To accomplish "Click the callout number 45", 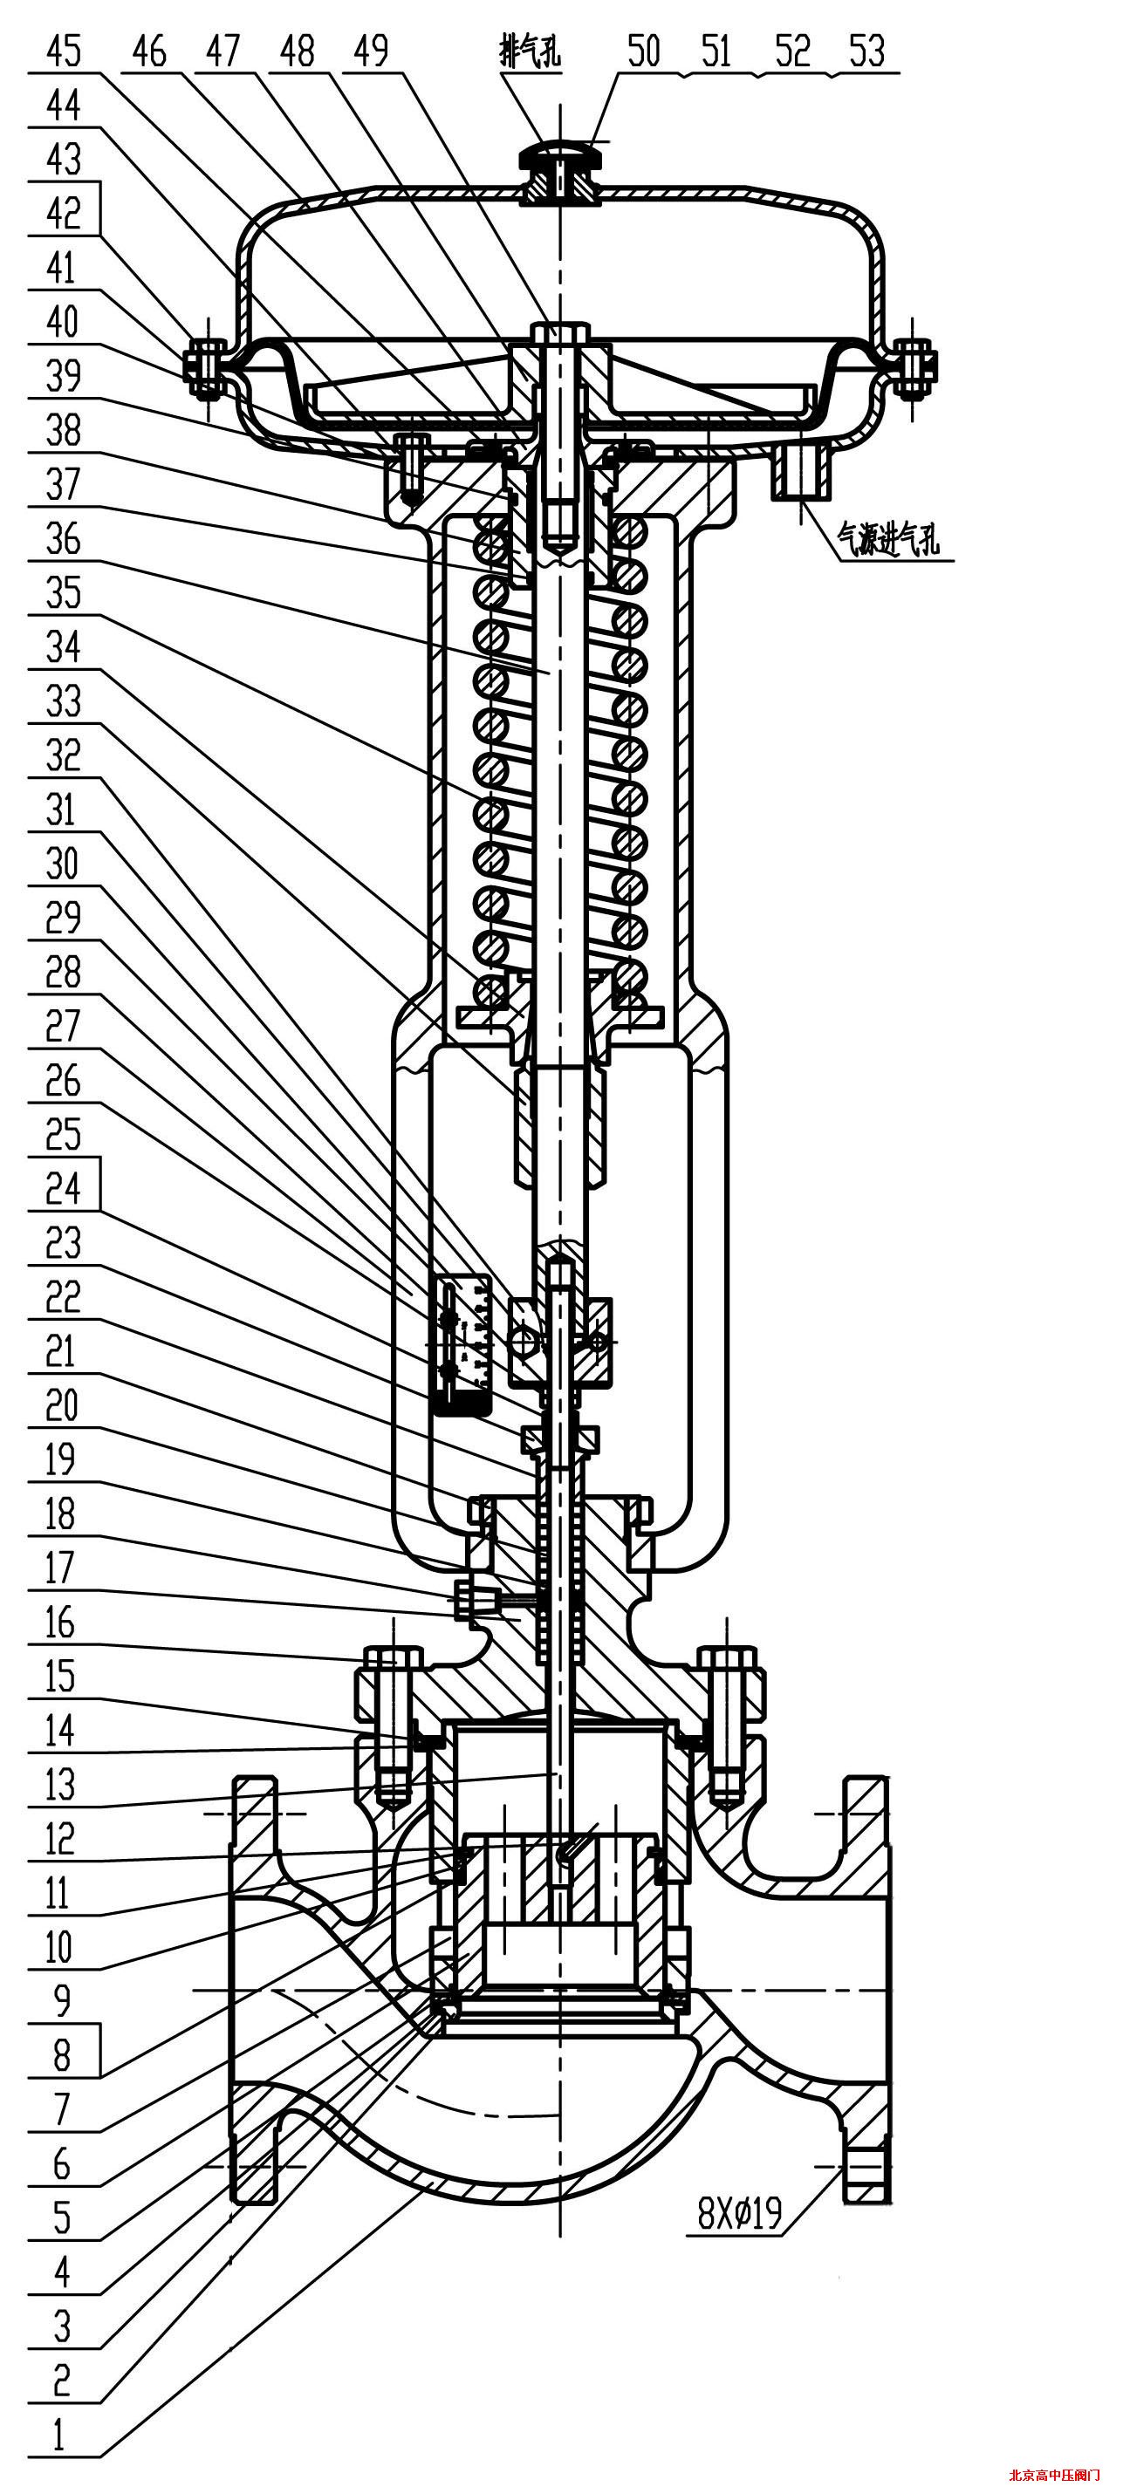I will pos(64,51).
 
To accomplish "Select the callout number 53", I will pos(866,51).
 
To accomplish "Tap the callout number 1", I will pos(60,2434).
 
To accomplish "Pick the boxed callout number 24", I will pos(64,1187).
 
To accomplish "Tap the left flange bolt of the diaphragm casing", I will pos(205,368).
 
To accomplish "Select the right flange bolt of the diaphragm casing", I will pos(914,368).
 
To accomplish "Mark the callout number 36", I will pos(64,537).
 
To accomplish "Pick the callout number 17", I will pos(60,1567).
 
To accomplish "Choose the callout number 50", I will pos(643,51).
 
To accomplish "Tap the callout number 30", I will pos(62,863).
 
